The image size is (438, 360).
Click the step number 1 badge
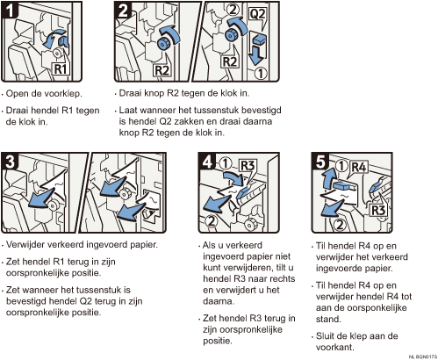10,10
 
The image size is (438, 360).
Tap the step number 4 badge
207,161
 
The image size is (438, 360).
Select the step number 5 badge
320,161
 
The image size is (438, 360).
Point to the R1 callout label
61,69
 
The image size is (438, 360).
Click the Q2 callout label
257,14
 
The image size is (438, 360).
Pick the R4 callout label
359,167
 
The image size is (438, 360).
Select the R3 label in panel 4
248,166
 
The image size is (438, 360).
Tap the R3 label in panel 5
378,210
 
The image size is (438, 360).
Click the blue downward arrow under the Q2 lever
256,55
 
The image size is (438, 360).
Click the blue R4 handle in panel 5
344,185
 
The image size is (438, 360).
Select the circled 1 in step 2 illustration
260,74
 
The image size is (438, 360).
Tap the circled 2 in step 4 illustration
212,221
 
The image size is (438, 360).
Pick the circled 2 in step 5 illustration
340,225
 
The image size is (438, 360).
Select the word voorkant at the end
335,347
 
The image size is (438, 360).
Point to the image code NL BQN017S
422,356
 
